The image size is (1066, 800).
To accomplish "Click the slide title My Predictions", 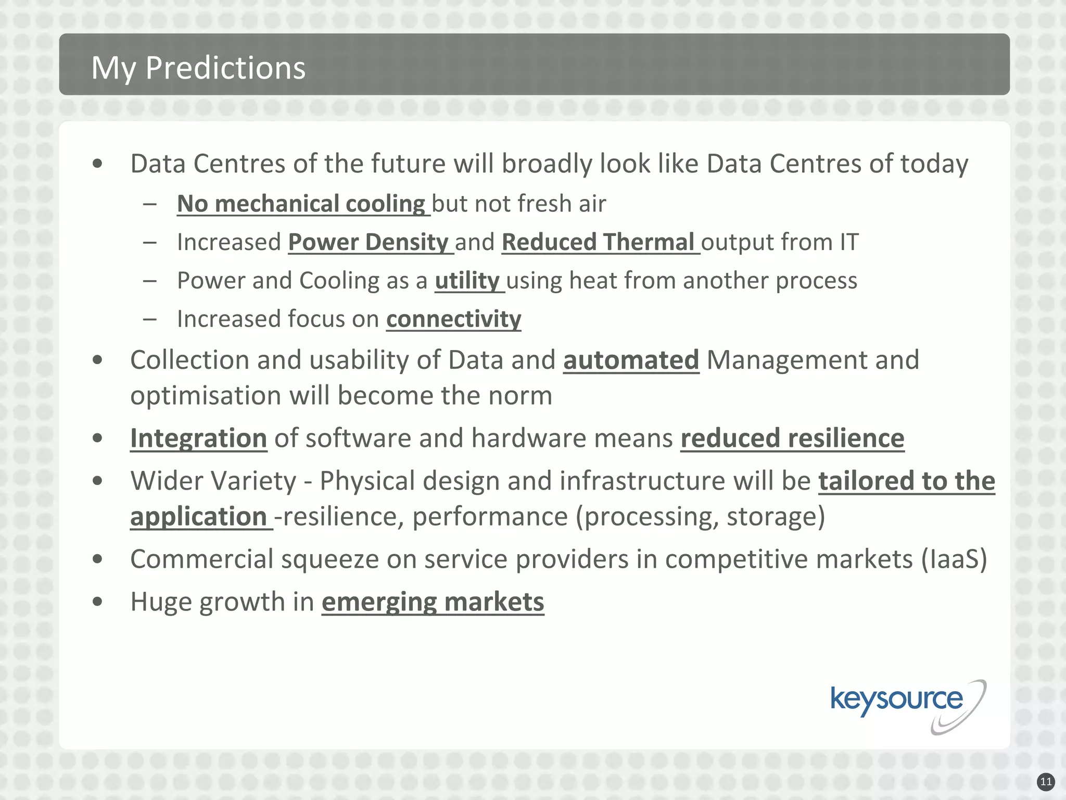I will tap(198, 68).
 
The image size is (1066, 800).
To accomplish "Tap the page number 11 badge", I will tap(1046, 782).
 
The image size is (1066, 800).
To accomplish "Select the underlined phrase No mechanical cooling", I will tap(301, 204).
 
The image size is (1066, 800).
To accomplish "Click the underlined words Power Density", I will tap(369, 242).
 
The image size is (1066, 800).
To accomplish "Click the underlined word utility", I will tap(467, 281).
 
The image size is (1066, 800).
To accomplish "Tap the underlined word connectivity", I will tap(453, 319).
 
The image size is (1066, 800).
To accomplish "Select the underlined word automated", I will tap(631, 360).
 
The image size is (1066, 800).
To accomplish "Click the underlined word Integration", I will tap(198, 438).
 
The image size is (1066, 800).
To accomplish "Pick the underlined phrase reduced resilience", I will tap(792, 438).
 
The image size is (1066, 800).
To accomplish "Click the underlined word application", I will tap(198, 517).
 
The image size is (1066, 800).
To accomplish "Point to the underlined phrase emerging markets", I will tap(433, 602).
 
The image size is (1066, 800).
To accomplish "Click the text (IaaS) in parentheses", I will tap(954, 559).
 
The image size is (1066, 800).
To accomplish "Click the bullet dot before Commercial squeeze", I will tap(97, 559).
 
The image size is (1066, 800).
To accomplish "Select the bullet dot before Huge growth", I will tap(97, 602).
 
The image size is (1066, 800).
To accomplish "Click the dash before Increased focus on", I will tap(150, 319).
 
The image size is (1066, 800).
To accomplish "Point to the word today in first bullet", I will tap(934, 164).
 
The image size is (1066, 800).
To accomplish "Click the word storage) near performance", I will tap(776, 517).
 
